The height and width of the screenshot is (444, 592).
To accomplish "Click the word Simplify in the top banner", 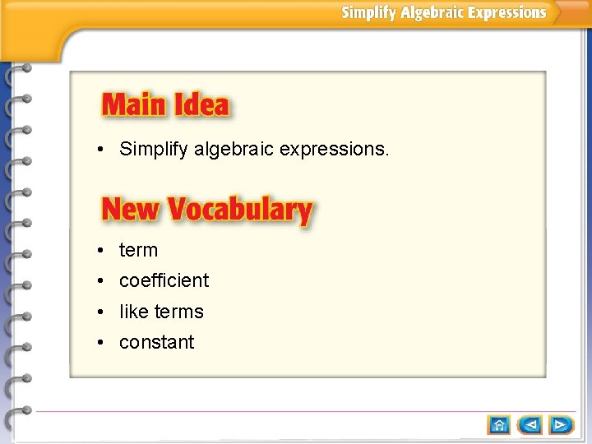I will point(369,12).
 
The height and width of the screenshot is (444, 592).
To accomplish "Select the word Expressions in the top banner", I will point(507,12).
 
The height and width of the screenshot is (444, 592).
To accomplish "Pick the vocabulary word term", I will point(138,250).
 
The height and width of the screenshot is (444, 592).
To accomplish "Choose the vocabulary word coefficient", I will point(164,280).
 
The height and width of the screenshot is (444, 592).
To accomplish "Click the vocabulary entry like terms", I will point(161,312).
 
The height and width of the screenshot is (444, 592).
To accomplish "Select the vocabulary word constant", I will point(156,342).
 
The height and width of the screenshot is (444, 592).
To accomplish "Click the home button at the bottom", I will point(499,424).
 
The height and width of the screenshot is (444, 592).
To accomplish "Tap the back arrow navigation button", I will point(530,424).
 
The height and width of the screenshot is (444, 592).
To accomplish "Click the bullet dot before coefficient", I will point(99,281).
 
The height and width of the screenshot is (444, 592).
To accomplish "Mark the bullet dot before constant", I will point(99,343).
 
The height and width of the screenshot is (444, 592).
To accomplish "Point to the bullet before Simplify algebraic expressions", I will point(99,150).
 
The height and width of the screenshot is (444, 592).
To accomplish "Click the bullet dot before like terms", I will point(99,312).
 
